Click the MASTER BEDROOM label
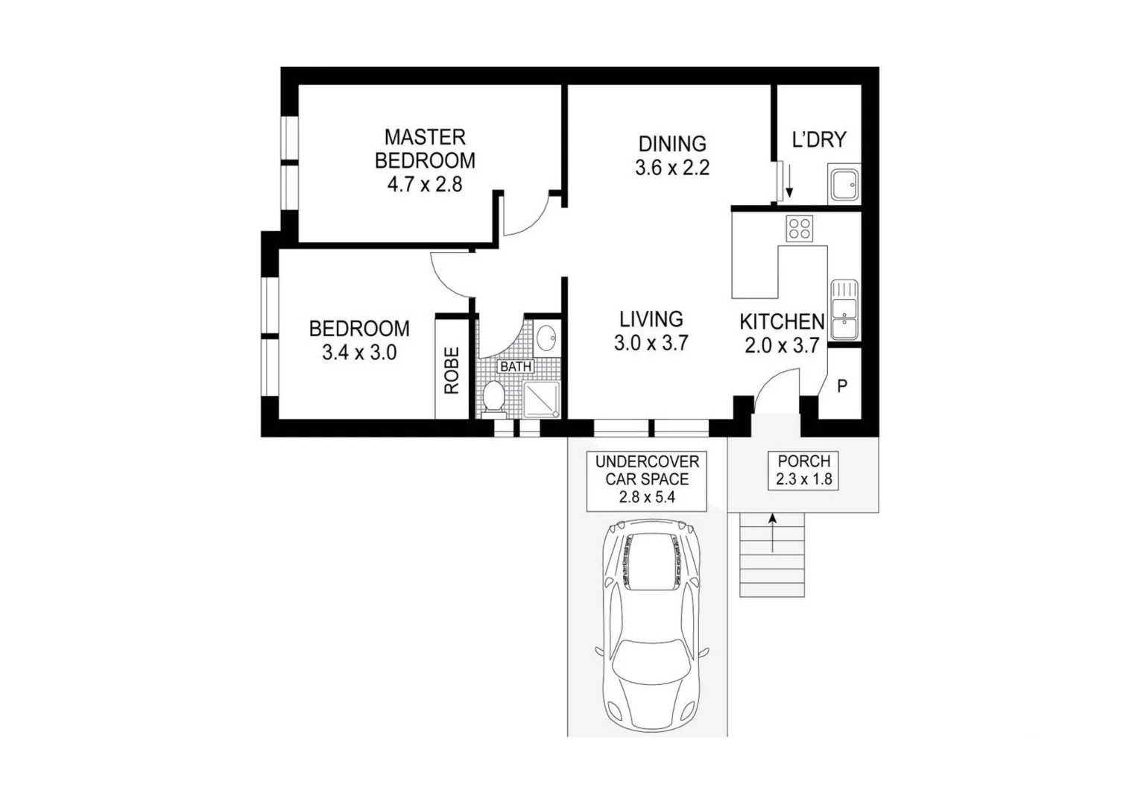coord(425,148)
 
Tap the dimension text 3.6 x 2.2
coord(671,168)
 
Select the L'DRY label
coord(818,140)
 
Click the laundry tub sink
coord(844,184)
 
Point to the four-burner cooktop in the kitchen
coord(800,228)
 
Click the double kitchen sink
coord(844,309)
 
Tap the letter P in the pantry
coord(842,386)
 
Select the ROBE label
coord(452,370)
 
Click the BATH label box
coord(516,367)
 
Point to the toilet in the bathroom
coord(493,398)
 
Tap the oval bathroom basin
coord(546,338)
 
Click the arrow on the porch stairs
coord(773,532)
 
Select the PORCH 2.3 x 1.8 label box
coord(803,470)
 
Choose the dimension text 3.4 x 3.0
coord(358,353)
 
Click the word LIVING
coord(651,319)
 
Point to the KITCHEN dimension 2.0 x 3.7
coord(782,346)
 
